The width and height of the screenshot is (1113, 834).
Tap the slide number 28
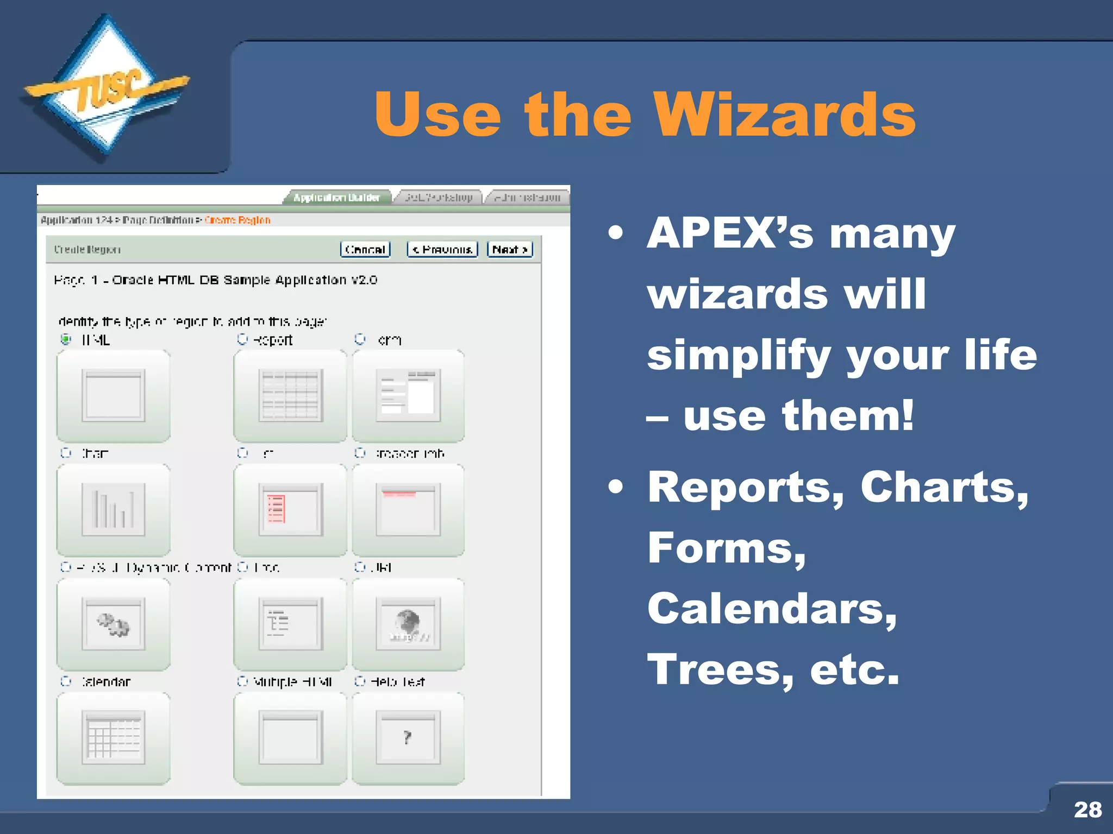[x=1087, y=810]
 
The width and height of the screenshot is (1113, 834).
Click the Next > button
[x=509, y=249]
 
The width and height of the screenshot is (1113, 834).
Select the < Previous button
[x=442, y=249]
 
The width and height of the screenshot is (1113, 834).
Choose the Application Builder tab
[x=336, y=198]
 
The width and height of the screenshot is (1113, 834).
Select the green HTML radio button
[x=66, y=339]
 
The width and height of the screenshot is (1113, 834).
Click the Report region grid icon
[x=290, y=395]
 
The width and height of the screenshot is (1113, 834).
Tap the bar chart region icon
[x=113, y=509]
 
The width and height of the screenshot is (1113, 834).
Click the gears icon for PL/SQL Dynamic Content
[x=113, y=624]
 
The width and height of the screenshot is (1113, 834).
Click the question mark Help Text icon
[x=408, y=737]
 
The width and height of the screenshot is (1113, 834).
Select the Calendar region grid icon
[x=113, y=737]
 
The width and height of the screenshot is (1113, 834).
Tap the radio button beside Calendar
[x=66, y=681]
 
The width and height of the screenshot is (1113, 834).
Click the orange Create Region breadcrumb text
[x=237, y=220]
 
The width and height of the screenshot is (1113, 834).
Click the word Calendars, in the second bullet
[x=772, y=609]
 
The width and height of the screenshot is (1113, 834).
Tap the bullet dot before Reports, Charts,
[x=615, y=486]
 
